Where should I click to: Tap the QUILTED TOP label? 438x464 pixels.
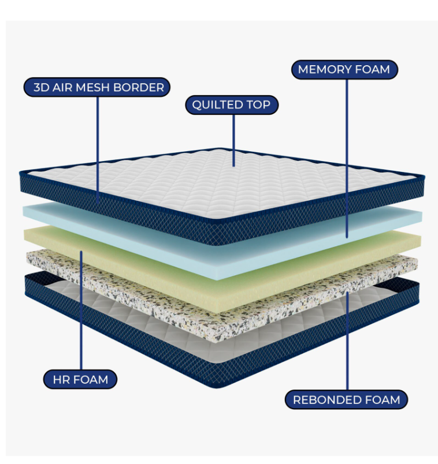231,105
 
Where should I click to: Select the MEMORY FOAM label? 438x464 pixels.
344,70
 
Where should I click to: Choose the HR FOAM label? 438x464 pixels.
81,380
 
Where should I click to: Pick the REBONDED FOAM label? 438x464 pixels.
347,399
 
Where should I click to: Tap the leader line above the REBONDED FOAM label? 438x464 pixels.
347,346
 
